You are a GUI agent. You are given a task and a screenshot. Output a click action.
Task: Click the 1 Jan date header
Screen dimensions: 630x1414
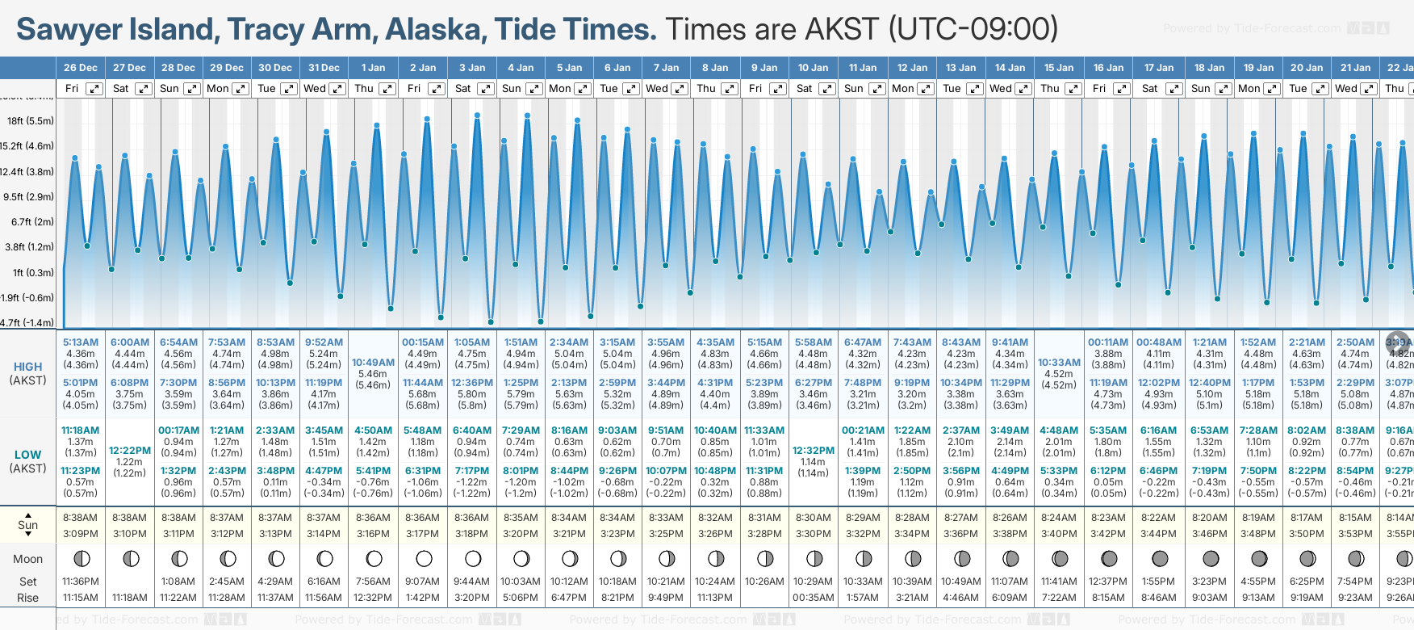tap(373, 68)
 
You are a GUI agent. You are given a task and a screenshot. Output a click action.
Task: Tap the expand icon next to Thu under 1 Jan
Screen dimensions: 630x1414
tap(387, 89)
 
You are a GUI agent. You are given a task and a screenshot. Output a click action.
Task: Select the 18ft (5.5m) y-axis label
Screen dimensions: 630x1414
tap(31, 121)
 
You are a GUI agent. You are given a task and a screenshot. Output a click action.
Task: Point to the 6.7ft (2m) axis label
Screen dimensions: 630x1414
tap(32, 221)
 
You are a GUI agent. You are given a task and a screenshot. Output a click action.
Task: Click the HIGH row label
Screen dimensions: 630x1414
tap(28, 367)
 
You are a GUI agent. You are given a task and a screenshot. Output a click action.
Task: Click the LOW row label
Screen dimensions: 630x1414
tap(28, 455)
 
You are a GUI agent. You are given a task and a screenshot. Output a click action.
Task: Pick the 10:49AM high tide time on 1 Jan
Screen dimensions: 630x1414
tap(373, 363)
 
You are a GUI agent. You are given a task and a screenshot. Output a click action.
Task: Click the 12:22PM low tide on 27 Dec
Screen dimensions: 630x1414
tap(130, 451)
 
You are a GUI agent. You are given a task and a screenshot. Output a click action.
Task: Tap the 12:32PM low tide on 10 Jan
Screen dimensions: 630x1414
tap(813, 451)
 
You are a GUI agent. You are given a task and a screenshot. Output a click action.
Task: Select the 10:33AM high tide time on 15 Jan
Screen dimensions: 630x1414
tap(1058, 363)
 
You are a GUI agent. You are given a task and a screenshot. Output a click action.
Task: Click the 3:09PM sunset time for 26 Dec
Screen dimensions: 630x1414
tap(81, 534)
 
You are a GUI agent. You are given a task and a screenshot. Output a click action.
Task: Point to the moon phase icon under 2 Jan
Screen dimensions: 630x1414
tap(424, 558)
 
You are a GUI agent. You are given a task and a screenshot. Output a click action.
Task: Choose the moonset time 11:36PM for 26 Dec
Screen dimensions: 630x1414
tap(81, 582)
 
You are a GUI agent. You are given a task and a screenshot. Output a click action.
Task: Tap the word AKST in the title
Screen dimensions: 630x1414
tap(839, 30)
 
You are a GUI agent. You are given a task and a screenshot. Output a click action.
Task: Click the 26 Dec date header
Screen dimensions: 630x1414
tap(81, 68)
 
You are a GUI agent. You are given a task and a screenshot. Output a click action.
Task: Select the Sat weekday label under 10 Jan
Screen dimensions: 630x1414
tap(805, 89)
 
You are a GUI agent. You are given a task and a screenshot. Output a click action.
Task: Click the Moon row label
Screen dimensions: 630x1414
tap(28, 559)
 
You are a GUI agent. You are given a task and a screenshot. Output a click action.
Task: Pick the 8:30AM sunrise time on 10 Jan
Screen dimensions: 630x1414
tap(813, 518)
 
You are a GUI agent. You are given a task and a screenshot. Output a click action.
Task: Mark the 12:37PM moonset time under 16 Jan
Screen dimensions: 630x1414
tap(1107, 582)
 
